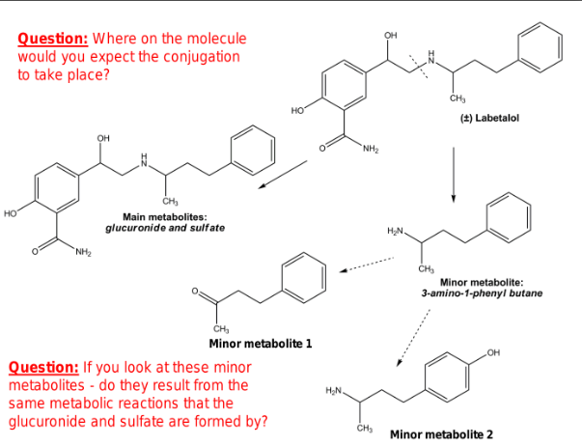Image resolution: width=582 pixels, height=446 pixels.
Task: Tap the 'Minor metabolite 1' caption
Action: point(260,344)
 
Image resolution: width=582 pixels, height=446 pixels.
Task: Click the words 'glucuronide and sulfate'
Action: point(165,228)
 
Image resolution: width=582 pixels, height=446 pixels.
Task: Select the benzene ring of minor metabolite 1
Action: point(302,272)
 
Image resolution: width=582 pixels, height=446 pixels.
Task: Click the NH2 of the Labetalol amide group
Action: point(372,149)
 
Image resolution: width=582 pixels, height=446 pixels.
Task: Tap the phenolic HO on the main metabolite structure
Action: point(12,209)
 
